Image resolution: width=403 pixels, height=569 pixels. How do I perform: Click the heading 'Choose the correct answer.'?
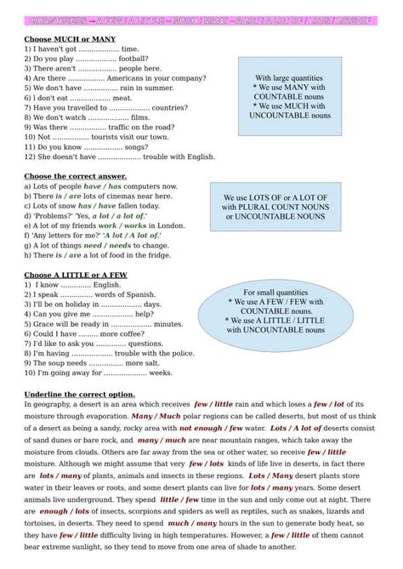click(76, 176)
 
